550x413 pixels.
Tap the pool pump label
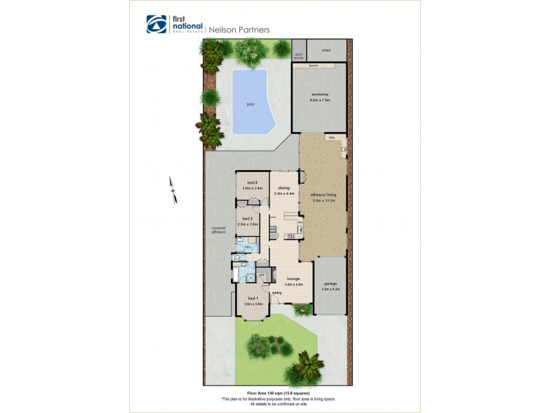point(299,56)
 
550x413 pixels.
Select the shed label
point(326,50)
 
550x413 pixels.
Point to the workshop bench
point(313,66)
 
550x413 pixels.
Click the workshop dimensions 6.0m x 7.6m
point(320,100)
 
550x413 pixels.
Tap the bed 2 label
point(252,182)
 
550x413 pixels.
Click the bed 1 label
point(253,298)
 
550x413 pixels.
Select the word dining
point(284,187)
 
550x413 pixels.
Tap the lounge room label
point(294,278)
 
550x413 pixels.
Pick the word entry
point(277,293)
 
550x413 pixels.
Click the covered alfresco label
point(219,229)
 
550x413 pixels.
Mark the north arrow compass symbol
point(173,191)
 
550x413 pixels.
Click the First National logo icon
point(156,24)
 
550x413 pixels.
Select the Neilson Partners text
point(240,30)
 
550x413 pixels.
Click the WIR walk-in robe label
point(261,275)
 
